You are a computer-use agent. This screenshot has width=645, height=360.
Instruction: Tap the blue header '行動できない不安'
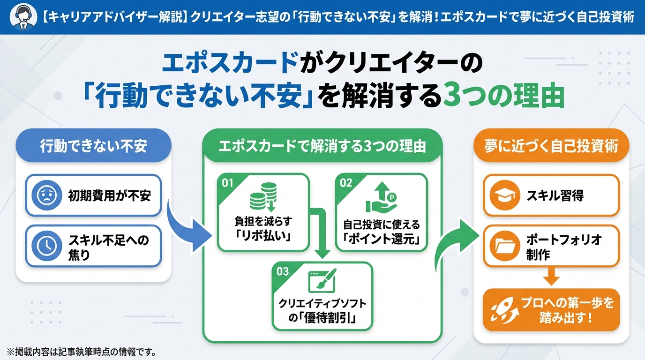94,146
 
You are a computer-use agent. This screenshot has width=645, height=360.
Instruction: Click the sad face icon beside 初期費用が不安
46,195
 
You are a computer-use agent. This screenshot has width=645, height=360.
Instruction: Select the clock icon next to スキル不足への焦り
46,246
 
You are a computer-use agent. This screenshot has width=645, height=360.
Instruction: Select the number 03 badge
283,271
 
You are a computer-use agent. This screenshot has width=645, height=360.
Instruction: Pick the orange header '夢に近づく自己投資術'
551,146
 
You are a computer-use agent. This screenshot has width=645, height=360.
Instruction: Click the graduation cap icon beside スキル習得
502,195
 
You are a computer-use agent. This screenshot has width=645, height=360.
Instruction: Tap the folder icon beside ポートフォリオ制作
502,246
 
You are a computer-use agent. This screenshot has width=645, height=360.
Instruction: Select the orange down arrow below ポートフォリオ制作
551,277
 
